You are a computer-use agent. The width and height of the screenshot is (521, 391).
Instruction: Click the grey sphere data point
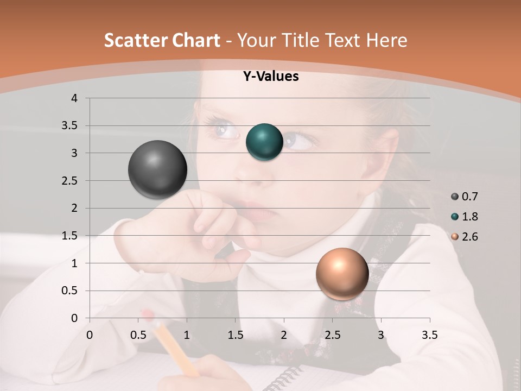tap(157, 169)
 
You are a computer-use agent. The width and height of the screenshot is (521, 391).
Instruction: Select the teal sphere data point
tap(264, 142)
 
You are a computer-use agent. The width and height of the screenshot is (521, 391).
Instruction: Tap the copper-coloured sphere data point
tap(342, 274)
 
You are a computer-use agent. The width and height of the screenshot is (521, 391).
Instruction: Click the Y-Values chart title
tap(270, 77)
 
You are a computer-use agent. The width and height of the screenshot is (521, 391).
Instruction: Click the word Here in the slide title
tap(386, 40)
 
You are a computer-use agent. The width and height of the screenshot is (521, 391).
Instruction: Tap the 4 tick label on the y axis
tap(74, 98)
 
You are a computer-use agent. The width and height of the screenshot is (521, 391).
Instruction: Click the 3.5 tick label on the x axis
tap(429, 335)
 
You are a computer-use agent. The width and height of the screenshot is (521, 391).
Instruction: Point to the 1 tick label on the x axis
tap(187, 335)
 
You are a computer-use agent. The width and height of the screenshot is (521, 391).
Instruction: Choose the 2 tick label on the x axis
tap(284, 335)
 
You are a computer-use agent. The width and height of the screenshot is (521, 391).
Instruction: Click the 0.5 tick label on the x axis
tap(138, 335)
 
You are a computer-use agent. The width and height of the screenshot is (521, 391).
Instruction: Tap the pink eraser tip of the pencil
tap(147, 316)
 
